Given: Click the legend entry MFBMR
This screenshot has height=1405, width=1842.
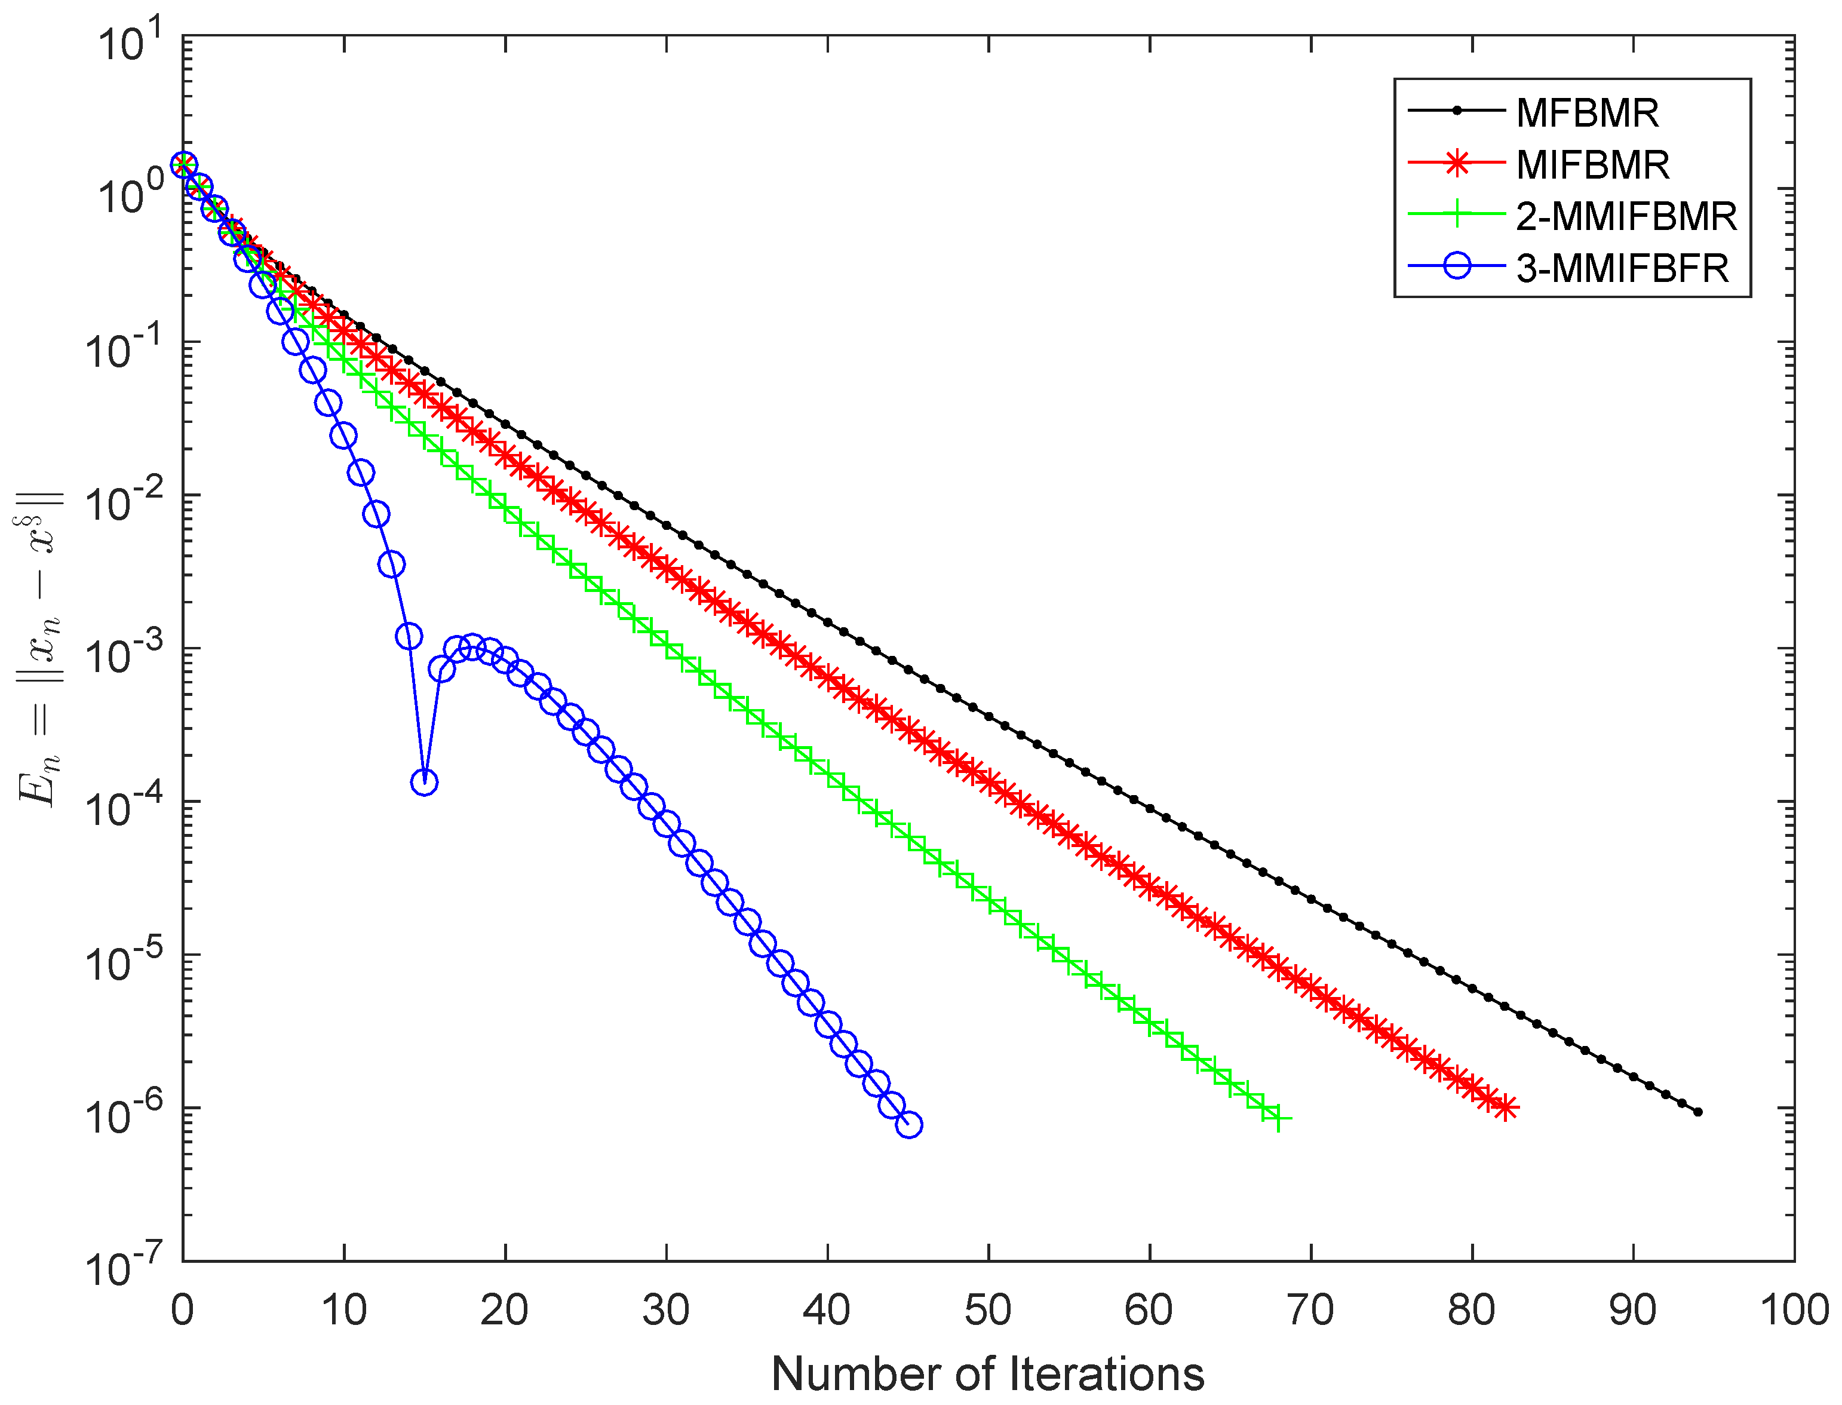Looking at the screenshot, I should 1586,113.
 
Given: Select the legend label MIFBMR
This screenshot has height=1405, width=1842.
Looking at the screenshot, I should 1592,165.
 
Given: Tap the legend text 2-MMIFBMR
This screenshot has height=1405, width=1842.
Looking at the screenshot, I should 1625,217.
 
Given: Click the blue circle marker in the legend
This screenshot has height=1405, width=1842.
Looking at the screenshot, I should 1457,268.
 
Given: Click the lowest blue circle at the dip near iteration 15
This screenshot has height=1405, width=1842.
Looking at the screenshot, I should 425,783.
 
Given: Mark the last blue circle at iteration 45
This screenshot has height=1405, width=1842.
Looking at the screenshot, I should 909,1125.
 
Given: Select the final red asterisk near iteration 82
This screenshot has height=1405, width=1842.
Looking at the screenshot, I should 1504,1108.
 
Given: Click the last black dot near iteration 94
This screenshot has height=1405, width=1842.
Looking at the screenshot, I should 1697,1112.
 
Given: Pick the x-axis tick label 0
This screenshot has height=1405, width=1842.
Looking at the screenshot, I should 182,1311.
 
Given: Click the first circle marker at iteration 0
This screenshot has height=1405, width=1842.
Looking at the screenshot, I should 183,165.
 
